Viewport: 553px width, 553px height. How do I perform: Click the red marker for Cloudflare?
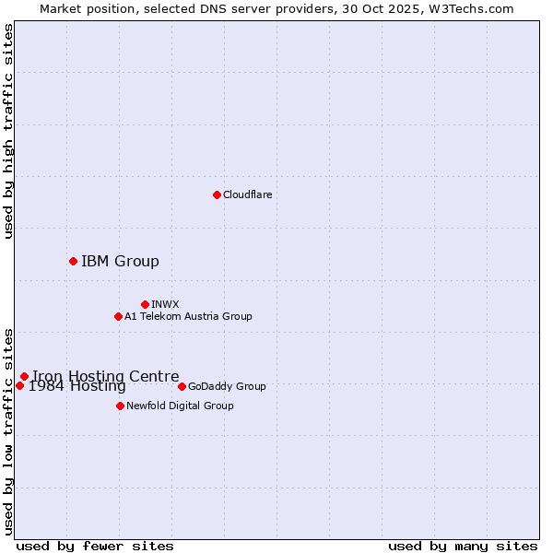click(217, 194)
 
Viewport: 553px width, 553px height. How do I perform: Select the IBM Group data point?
click(73, 262)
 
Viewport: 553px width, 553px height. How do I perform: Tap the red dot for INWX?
click(145, 304)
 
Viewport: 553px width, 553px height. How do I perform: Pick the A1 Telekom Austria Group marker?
click(118, 317)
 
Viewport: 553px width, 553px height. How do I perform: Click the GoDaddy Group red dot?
click(182, 386)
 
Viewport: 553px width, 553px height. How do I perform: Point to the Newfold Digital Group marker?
click(120, 406)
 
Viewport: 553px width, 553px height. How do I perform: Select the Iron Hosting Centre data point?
click(24, 376)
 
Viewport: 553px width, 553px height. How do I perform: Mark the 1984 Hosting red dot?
click(19, 385)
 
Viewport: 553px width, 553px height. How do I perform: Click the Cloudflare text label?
click(247, 194)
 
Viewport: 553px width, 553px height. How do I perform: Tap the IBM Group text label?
click(120, 262)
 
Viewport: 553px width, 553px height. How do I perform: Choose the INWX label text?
click(165, 304)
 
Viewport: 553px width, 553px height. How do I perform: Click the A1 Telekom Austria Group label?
click(188, 317)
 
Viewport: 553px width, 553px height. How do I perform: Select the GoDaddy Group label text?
click(227, 386)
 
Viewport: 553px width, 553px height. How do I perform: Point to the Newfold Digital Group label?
click(180, 406)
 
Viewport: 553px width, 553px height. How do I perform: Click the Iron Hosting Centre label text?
click(106, 376)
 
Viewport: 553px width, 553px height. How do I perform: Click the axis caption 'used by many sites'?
click(463, 547)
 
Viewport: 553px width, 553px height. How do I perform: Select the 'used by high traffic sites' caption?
click(8, 131)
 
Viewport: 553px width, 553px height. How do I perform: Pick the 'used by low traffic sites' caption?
click(8, 430)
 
